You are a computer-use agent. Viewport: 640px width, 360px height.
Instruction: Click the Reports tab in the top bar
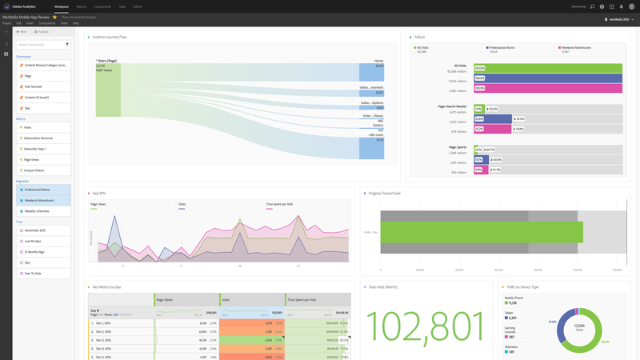point(82,6)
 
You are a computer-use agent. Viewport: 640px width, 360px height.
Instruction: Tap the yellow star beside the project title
point(54,16)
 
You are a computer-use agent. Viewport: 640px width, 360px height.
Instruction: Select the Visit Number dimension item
point(34,86)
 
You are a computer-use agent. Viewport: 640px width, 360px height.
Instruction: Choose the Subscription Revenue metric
point(38,138)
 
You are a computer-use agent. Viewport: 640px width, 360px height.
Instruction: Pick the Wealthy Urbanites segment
point(37,211)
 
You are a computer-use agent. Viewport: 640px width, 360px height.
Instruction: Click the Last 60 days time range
point(33,241)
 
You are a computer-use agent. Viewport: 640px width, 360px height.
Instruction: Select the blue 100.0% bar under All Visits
point(548,78)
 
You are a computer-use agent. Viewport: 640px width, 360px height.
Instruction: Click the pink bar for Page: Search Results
point(479,129)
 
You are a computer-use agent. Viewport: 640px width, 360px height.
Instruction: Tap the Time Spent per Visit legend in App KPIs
point(279,204)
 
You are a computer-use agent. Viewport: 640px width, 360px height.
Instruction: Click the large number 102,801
point(423,326)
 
